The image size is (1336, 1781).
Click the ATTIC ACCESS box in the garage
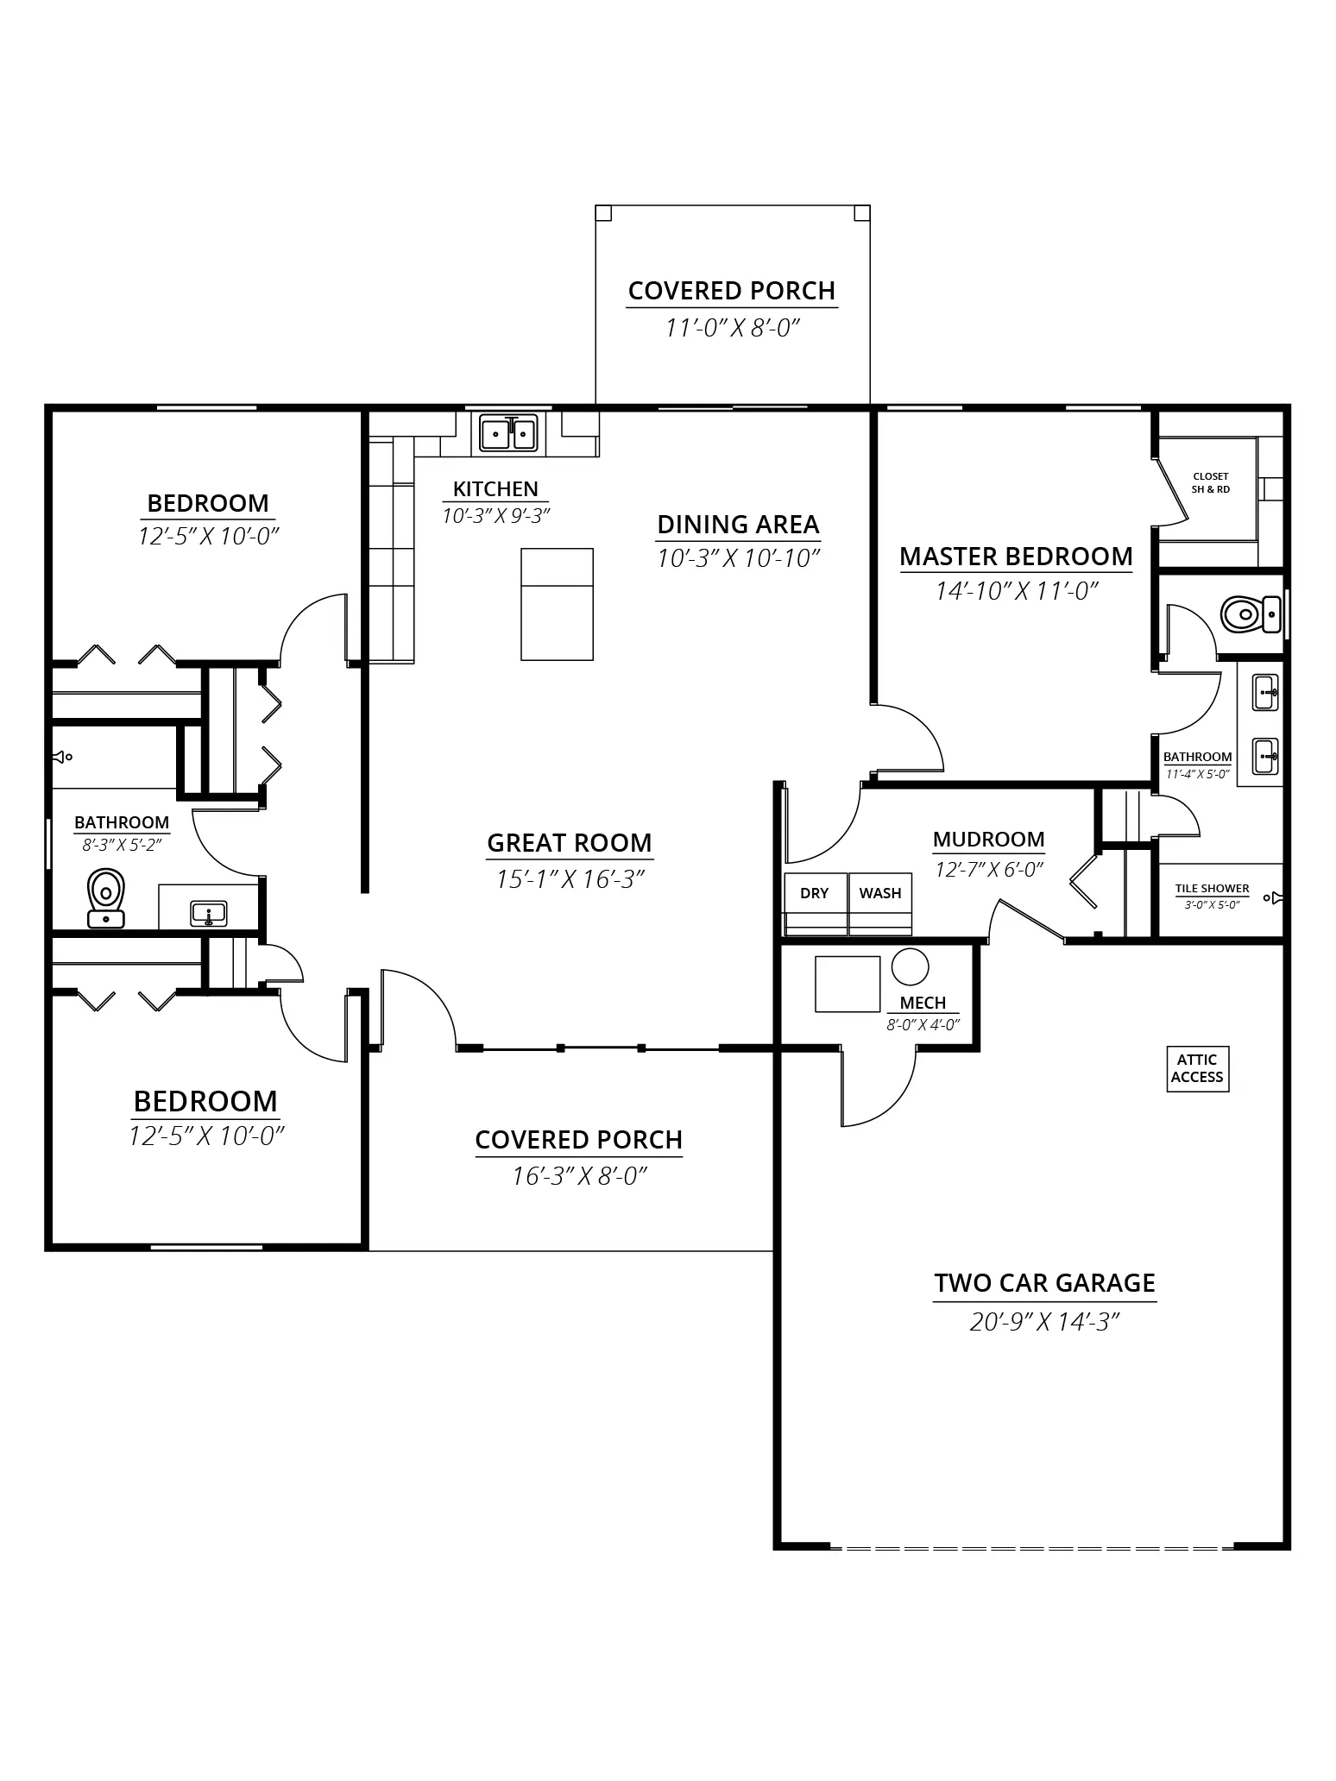(1197, 1069)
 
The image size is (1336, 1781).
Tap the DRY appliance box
(816, 903)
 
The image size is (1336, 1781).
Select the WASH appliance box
(880, 903)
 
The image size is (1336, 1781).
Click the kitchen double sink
(509, 433)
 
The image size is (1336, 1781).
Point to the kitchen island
(557, 604)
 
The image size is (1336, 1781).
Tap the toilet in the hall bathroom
(106, 898)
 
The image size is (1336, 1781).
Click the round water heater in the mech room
(910, 966)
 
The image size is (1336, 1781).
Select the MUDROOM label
(988, 840)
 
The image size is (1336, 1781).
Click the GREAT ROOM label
(570, 843)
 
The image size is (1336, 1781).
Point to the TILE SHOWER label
(1212, 889)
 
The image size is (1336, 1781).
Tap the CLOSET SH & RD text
(1211, 482)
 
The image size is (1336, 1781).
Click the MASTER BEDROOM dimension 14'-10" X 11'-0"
(1017, 591)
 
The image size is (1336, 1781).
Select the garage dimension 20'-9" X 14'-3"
(1044, 1322)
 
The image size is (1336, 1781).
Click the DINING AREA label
(738, 525)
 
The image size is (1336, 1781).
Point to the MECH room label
(923, 1003)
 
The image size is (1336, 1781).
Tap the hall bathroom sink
(209, 913)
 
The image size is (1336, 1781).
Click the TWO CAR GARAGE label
(1044, 1283)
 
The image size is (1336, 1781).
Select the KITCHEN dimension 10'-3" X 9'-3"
(496, 516)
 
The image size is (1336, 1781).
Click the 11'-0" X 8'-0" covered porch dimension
(733, 328)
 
